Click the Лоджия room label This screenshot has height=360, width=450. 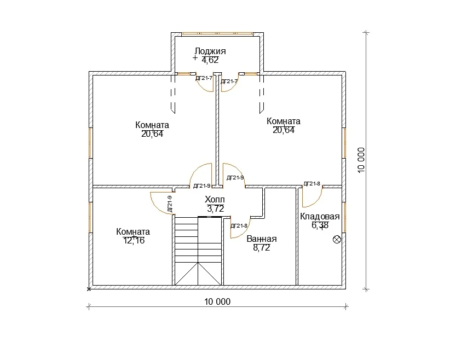[x=210, y=51]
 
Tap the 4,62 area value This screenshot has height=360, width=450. [x=210, y=60]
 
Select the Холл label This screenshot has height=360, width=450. [x=215, y=199]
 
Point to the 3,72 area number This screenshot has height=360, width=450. [x=215, y=208]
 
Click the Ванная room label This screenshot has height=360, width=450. [x=262, y=239]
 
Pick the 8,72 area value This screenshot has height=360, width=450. [x=262, y=247]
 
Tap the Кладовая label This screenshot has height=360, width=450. [x=320, y=217]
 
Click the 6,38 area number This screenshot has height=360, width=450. [x=320, y=225]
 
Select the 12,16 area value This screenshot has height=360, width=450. [x=134, y=241]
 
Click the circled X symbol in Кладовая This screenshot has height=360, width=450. [x=337, y=239]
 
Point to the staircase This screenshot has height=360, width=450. [x=198, y=251]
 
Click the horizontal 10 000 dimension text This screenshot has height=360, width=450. [x=217, y=301]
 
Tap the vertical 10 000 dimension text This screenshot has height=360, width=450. [x=361, y=160]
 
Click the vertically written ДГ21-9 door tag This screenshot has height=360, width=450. [x=170, y=204]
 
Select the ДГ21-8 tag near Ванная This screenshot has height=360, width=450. [x=239, y=226]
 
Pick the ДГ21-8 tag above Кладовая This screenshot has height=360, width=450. [x=312, y=184]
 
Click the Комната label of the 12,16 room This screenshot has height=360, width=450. [x=133, y=232]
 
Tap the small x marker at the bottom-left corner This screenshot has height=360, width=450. [x=89, y=289]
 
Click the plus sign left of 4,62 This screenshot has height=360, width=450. [x=195, y=58]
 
